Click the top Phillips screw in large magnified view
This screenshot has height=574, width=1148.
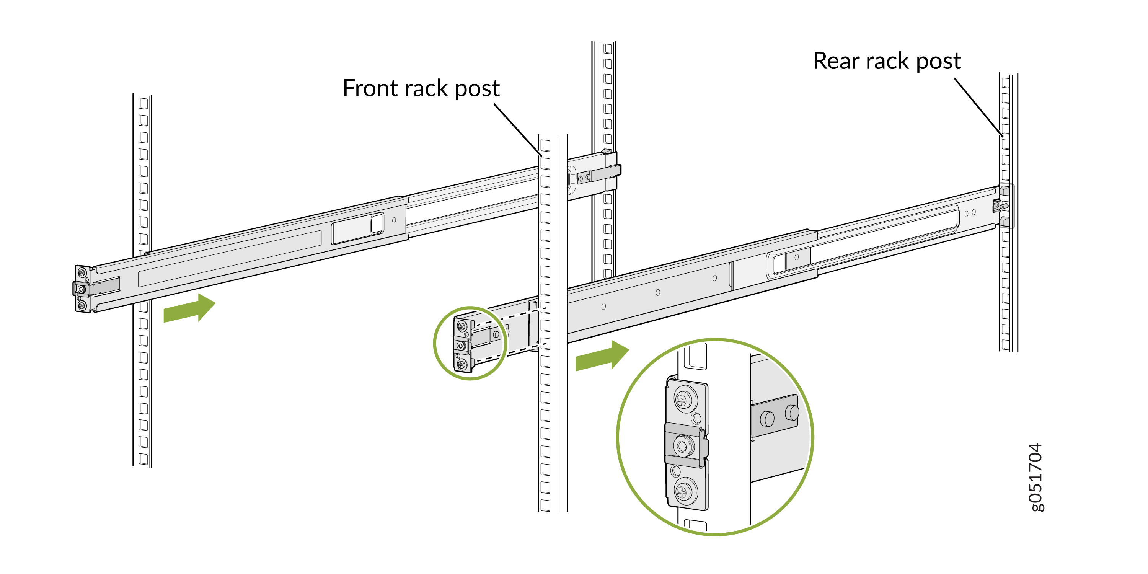[682, 400]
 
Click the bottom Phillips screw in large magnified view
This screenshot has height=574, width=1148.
[682, 492]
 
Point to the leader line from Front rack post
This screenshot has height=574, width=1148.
[517, 129]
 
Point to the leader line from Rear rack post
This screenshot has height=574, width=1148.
[978, 107]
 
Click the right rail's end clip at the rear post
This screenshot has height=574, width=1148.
[1005, 206]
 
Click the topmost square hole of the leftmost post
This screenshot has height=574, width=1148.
[143, 103]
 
